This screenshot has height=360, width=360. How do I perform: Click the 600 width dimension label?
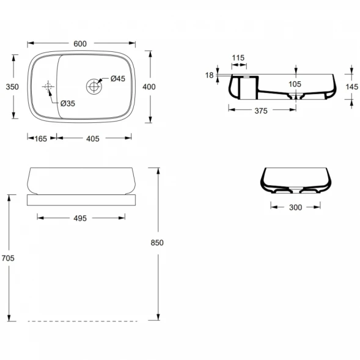[x=80, y=43]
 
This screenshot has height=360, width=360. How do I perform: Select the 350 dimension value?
[x=12, y=87]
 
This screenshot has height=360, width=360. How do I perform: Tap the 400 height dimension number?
[x=149, y=87]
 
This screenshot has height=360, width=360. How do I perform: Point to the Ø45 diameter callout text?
[x=118, y=78]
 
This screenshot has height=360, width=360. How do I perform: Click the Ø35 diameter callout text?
[x=68, y=103]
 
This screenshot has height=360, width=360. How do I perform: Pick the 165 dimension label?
[x=40, y=139]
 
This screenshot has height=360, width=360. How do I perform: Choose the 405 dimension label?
[x=93, y=139]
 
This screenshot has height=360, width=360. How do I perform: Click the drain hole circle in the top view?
[x=94, y=87]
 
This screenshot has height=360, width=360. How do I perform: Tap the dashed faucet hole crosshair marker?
[x=48, y=86]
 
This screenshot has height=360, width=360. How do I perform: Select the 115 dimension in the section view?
[x=238, y=57]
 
